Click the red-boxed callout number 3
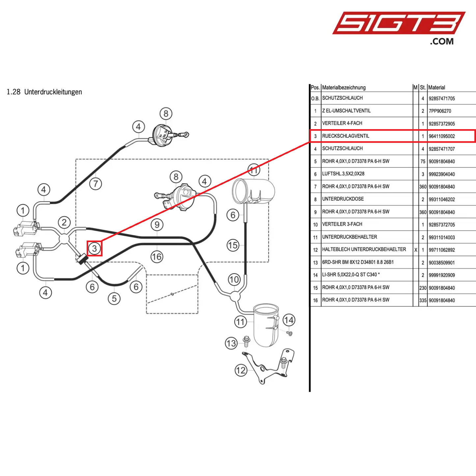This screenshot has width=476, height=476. coord(95,248)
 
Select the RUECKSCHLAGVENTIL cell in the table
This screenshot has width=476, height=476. coord(346,136)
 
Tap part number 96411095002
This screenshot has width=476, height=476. coord(442,136)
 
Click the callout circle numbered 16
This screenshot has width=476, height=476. coord(157,257)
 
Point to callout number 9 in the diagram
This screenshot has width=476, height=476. coord(157,225)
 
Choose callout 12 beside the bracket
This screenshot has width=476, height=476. coord(241,370)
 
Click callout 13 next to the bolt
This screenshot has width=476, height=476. coord(231,344)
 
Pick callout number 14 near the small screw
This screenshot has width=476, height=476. coord(289,320)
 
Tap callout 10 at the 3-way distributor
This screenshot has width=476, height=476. coord(234,280)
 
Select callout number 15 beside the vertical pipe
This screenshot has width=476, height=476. coord(233,245)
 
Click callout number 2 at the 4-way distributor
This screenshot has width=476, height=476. coord(64,222)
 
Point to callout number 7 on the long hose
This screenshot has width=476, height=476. coord(96,184)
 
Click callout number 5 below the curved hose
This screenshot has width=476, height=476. coord(114,299)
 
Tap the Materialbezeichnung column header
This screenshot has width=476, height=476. coord(344,88)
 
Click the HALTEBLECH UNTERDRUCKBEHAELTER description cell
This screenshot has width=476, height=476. coord(364,249)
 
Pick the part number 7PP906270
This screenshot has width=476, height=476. coord(440,111)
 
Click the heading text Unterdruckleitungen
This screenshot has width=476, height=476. coord(53,92)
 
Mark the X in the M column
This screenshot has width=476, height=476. coord(416,250)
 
